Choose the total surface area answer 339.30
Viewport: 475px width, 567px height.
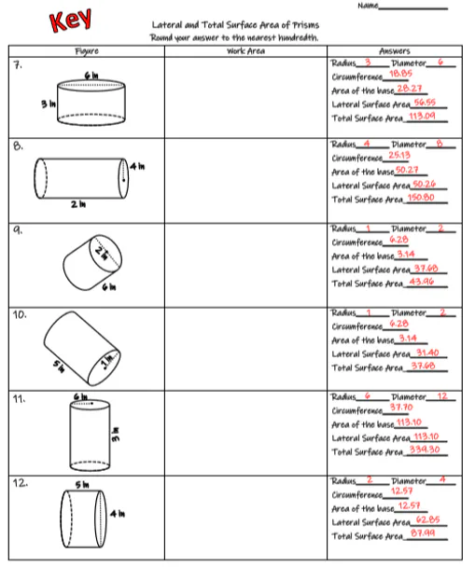pos(424,450)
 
